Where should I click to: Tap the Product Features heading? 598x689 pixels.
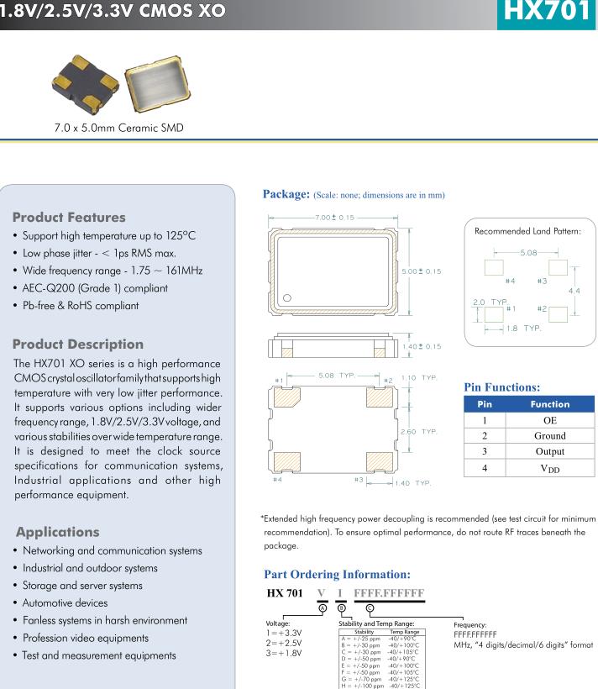[69, 217]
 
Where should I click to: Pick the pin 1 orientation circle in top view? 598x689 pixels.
[287, 298]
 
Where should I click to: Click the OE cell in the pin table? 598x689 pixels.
[549, 420]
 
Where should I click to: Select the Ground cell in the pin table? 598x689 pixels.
[549, 436]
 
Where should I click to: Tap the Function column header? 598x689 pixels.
[549, 404]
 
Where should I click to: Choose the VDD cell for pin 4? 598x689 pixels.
[549, 469]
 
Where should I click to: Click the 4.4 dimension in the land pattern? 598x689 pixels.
[574, 290]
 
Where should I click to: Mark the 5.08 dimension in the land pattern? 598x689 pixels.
[528, 252]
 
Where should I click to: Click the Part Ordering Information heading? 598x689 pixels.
[337, 575]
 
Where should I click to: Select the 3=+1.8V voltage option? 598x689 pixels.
[283, 654]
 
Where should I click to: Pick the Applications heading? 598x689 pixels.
[57, 532]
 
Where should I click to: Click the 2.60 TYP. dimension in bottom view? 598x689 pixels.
[418, 432]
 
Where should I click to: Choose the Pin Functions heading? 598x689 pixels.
[501, 387]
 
